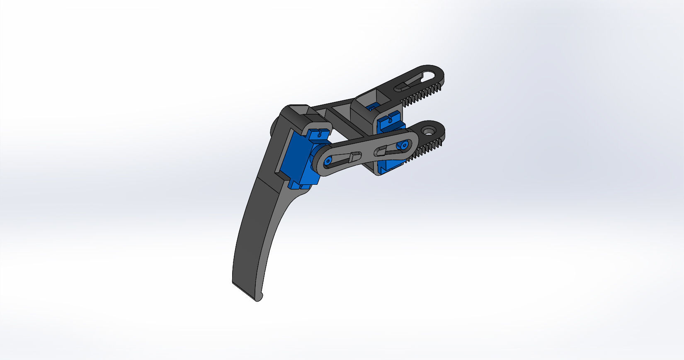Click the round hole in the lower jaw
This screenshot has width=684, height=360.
pyautogui.click(x=428, y=131)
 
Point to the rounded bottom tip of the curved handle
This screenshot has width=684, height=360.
pyautogui.click(x=259, y=298)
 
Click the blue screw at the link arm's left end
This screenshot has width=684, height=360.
pyautogui.click(x=328, y=161)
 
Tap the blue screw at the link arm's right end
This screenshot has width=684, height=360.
pyautogui.click(x=402, y=145)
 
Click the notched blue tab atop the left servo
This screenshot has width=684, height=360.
pyautogui.click(x=319, y=133)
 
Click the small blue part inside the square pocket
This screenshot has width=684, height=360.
pyautogui.click(x=372, y=108)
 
